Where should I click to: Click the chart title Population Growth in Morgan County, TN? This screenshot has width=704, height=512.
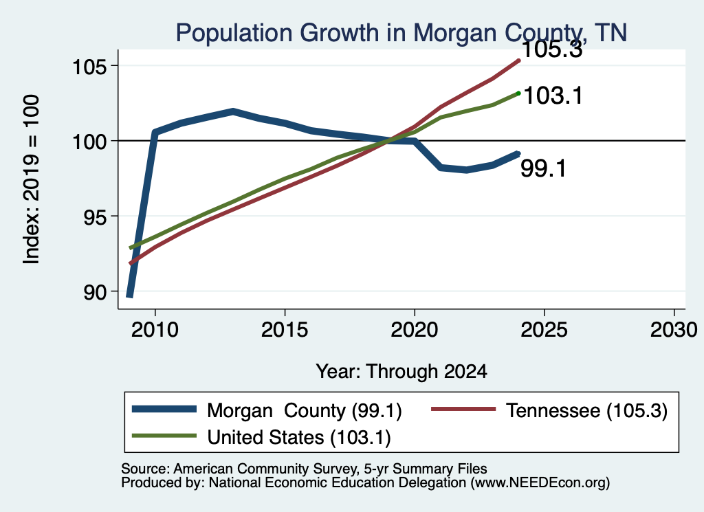click(x=401, y=33)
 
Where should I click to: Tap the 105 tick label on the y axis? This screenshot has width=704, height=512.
click(x=90, y=67)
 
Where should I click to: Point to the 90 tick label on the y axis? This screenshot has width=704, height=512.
click(x=95, y=293)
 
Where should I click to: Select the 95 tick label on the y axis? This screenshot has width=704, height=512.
click(x=95, y=217)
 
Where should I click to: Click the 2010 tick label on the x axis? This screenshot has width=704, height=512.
click(x=155, y=330)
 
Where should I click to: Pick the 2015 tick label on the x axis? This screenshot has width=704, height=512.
click(x=285, y=330)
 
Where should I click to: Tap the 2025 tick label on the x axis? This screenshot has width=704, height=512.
click(x=544, y=330)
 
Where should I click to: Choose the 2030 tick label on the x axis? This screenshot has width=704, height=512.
click(x=674, y=330)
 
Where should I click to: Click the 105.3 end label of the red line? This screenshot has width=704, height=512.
click(x=552, y=49)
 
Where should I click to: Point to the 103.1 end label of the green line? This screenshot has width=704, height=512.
click(x=553, y=96)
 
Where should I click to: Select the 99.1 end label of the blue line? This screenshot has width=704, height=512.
click(x=543, y=169)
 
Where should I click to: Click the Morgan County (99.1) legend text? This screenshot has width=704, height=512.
click(x=305, y=410)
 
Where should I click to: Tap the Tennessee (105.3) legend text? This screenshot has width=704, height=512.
click(x=587, y=410)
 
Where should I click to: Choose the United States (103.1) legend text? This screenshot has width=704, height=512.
click(x=299, y=438)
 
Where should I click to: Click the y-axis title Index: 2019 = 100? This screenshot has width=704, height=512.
click(x=32, y=179)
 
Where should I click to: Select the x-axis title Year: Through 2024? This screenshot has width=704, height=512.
click(x=401, y=372)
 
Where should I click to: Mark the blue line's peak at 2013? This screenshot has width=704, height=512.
click(x=233, y=111)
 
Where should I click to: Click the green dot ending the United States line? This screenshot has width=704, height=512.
click(x=518, y=93)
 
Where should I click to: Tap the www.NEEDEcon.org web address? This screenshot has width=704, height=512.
click(x=540, y=483)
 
